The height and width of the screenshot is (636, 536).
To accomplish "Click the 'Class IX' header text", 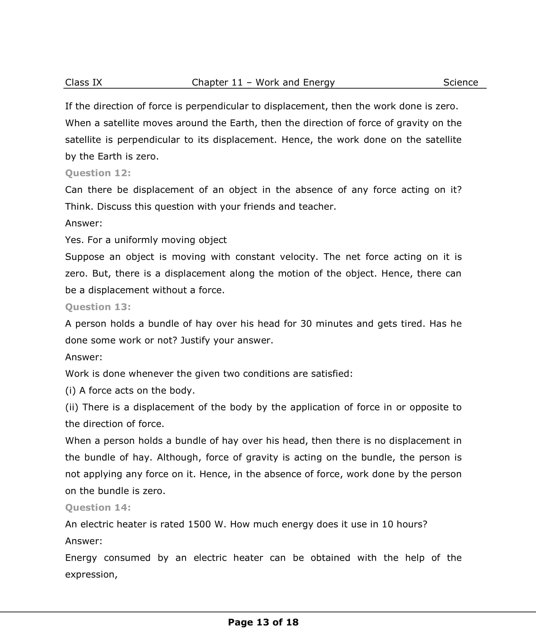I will pyautogui.click(x=84, y=82).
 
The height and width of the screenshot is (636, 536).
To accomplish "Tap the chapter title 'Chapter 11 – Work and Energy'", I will pyautogui.click(x=263, y=82).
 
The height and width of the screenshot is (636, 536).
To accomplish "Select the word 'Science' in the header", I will pyautogui.click(x=460, y=82).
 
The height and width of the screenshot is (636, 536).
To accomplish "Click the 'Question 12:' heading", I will pyautogui.click(x=98, y=173).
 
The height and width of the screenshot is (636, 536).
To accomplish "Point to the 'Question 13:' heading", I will pyautogui.click(x=98, y=307).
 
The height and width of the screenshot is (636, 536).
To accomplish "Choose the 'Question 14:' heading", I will pyautogui.click(x=98, y=508).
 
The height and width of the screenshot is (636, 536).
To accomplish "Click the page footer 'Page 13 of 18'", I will pyautogui.click(x=263, y=622).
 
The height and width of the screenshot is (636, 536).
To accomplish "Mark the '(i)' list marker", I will pyautogui.click(x=70, y=390).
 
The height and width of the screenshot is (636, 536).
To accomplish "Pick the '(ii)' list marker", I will pyautogui.click(x=72, y=407).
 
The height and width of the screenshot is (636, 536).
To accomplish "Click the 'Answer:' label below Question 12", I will pyautogui.click(x=84, y=223).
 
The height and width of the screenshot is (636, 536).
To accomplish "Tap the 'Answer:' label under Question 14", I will pyautogui.click(x=84, y=541).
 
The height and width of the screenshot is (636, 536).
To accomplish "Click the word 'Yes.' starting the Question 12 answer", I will pyautogui.click(x=75, y=240).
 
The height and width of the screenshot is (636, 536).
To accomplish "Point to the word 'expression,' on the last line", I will pyautogui.click(x=91, y=575).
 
